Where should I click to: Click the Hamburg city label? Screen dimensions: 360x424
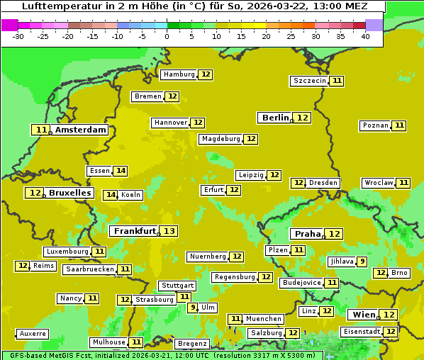click(x=179, y=74)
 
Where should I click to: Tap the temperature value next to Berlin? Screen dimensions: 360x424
click(x=303, y=118)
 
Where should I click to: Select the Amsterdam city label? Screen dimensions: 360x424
click(x=81, y=130)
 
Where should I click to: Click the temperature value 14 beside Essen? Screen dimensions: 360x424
click(x=121, y=171)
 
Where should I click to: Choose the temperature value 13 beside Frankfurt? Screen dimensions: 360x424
click(x=169, y=231)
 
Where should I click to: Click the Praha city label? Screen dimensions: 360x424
click(x=308, y=234)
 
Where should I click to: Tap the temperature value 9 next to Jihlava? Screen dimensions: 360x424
click(x=362, y=261)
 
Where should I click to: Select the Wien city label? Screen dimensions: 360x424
click(x=364, y=315)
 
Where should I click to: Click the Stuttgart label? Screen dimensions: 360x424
click(x=177, y=286)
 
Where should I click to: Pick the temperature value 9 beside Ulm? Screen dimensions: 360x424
click(x=192, y=308)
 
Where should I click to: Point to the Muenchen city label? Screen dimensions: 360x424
click(x=264, y=319)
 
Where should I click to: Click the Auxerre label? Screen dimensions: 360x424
click(x=33, y=334)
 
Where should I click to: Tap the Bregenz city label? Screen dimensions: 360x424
click(x=192, y=344)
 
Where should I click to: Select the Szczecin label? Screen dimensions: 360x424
click(x=310, y=81)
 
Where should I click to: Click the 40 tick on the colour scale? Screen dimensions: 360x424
click(x=364, y=36)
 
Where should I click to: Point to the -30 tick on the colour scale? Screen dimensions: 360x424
click(x=18, y=36)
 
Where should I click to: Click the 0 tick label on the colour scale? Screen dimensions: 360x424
click(x=167, y=36)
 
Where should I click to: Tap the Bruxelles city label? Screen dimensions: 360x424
click(x=70, y=193)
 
